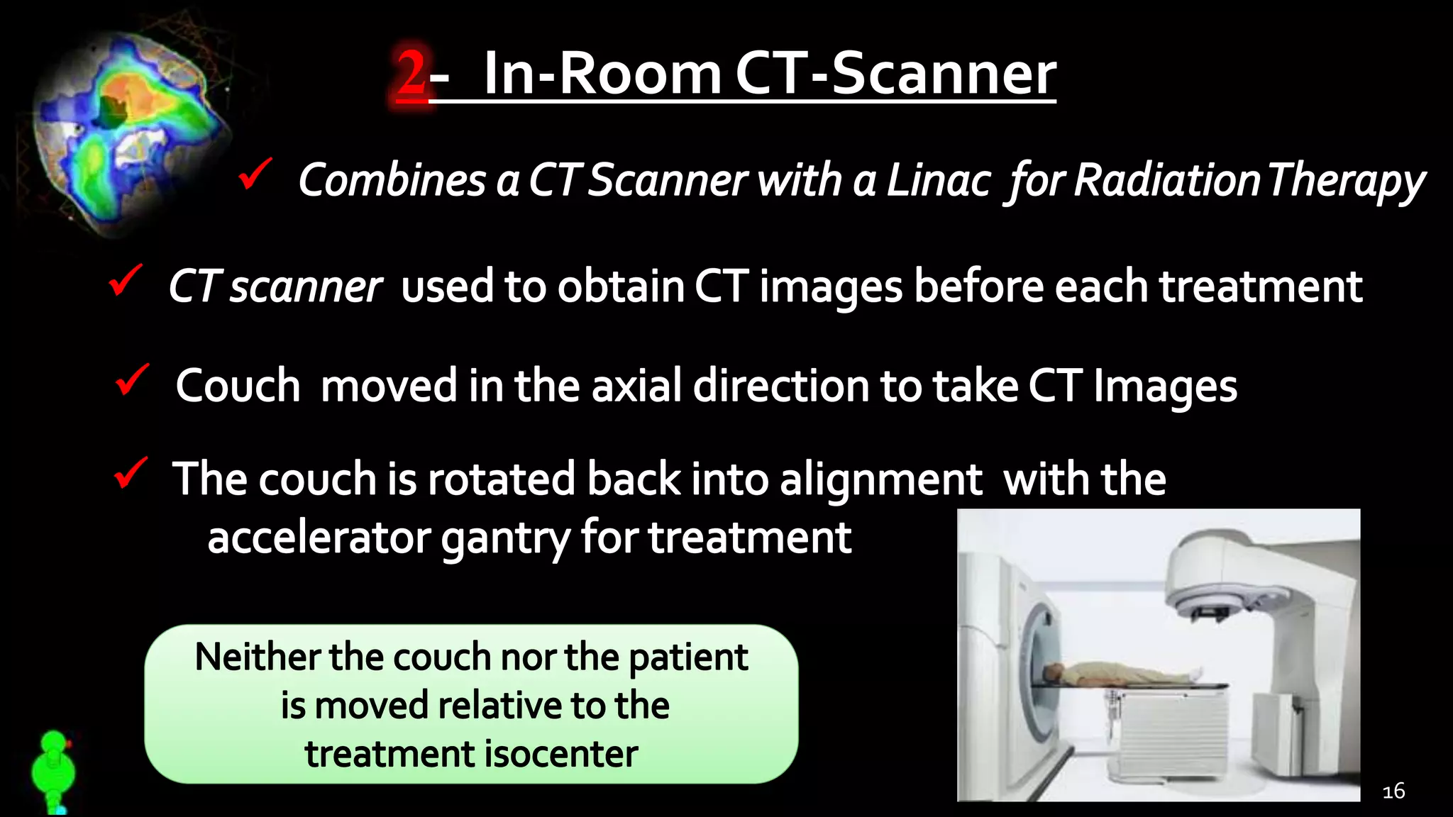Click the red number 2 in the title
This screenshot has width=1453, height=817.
pyautogui.click(x=411, y=73)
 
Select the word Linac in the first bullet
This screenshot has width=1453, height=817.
pyautogui.click(x=938, y=180)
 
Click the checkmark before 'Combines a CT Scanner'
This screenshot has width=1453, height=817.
pyautogui.click(x=255, y=174)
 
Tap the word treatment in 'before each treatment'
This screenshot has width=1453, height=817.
pyautogui.click(x=1261, y=287)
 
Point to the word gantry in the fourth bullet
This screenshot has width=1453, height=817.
pyautogui.click(x=505, y=538)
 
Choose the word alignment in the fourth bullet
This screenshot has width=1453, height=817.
pyautogui.click(x=880, y=479)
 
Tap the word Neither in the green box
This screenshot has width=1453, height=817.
pyautogui.click(x=256, y=657)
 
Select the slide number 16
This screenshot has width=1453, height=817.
pyautogui.click(x=1393, y=791)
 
